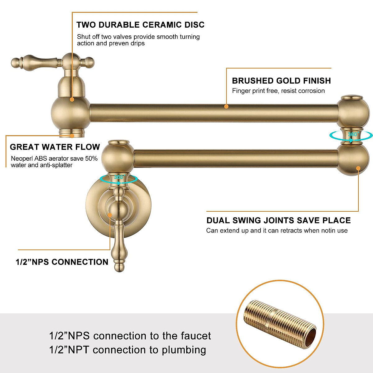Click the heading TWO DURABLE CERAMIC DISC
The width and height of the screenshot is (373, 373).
[x=140, y=25]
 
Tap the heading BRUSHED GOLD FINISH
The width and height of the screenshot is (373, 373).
[x=281, y=81]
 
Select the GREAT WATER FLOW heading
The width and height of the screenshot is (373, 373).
[x=55, y=147]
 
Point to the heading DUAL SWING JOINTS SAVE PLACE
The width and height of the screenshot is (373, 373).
[x=279, y=220]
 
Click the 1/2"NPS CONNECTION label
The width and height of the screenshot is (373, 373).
[x=62, y=262]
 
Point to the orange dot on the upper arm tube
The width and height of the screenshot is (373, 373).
[x=226, y=106]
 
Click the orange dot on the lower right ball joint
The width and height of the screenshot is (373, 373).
[x=358, y=169]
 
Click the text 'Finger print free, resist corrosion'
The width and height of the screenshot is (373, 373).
[x=278, y=91]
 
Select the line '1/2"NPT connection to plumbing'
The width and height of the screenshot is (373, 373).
[x=127, y=350]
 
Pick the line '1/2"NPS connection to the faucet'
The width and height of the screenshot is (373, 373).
[x=130, y=336]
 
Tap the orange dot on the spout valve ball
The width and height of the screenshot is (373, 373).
[x=72, y=99]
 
